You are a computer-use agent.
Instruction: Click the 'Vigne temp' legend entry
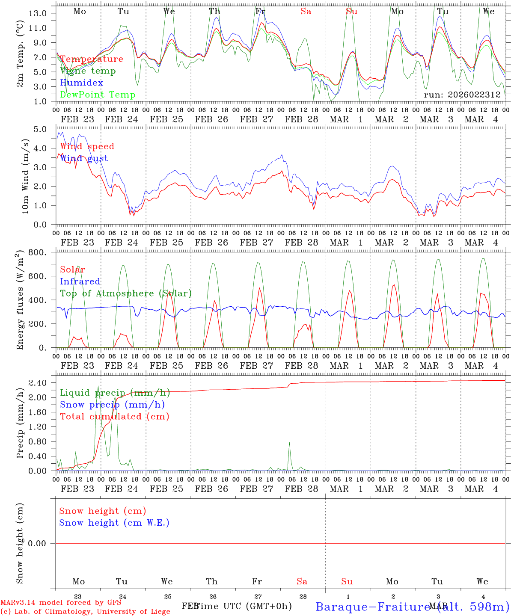88,71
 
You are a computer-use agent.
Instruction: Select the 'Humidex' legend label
81,83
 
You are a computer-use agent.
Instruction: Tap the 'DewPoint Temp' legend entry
98,95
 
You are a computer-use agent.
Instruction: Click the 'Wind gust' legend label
84,158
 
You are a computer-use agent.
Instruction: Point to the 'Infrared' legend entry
80,281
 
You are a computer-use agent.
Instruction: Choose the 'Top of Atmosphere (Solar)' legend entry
125,293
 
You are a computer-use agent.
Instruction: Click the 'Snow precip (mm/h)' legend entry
112,405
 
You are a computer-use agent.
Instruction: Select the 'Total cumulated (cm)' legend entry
114,417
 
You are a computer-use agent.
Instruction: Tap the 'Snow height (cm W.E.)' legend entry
114,523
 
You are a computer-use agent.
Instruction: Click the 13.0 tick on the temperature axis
38,13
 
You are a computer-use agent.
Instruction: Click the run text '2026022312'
474,95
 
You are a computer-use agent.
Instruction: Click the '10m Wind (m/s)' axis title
26,176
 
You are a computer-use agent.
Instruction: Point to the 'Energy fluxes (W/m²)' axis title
20,301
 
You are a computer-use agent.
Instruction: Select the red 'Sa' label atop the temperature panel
306,12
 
